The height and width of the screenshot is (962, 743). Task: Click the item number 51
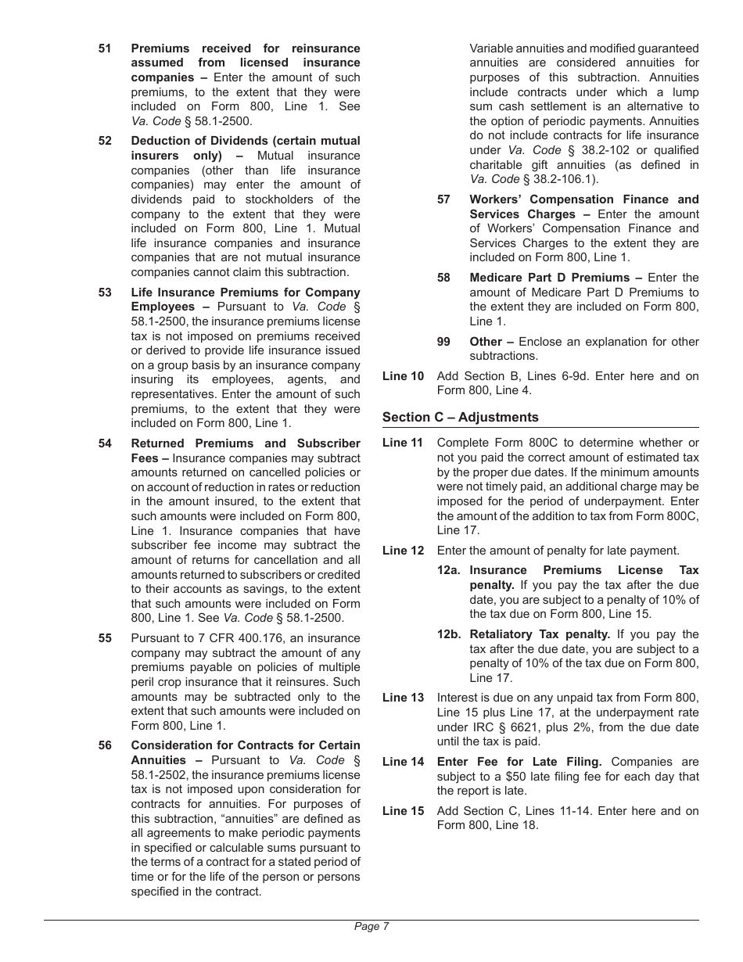(x=105, y=48)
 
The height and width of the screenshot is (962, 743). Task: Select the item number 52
(x=105, y=141)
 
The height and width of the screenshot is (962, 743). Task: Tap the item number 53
(x=105, y=293)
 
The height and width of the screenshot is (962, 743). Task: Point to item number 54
(x=105, y=443)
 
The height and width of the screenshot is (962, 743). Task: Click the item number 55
(x=105, y=638)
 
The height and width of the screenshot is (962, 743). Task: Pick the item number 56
(x=105, y=745)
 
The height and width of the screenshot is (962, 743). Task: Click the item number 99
(x=443, y=342)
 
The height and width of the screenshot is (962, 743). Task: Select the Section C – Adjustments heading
(x=460, y=418)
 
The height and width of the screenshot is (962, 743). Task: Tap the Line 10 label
(x=403, y=376)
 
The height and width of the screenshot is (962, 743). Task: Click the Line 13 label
(x=403, y=698)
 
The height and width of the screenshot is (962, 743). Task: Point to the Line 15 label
(x=403, y=811)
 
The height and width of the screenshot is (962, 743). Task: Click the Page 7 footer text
(x=371, y=927)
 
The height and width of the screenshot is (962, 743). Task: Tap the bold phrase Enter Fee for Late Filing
(x=519, y=762)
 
